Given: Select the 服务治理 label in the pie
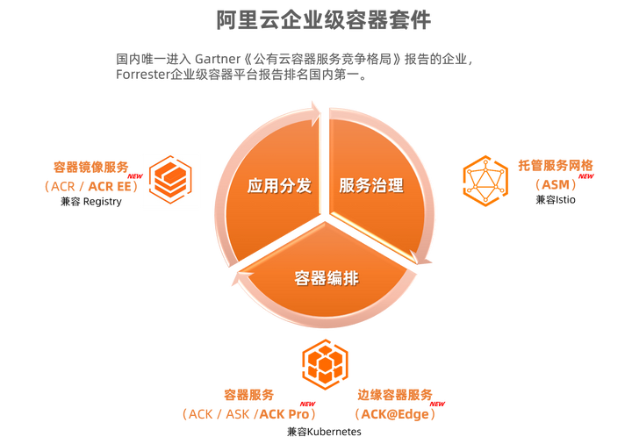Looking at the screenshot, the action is tap(371, 186).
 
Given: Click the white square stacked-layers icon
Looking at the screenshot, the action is tap(171, 182).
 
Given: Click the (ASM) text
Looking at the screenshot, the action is tap(555, 185).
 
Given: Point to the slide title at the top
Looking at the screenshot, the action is tap(324, 18).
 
